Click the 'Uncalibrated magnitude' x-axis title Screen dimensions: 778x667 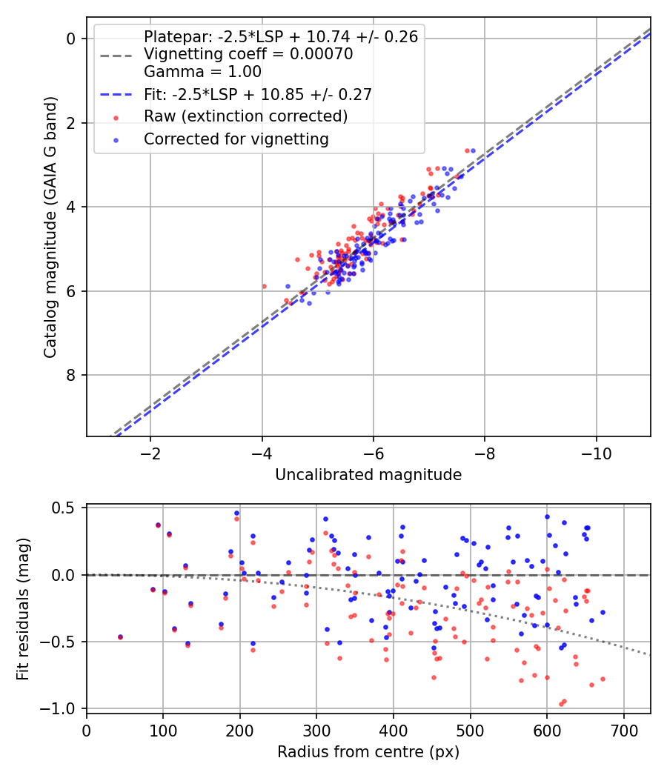click(368, 475)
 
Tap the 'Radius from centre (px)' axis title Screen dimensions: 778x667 click(368, 752)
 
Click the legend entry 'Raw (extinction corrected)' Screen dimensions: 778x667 click(245, 116)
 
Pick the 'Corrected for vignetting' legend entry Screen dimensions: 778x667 click(236, 139)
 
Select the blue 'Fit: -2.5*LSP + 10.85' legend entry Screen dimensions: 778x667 click(257, 94)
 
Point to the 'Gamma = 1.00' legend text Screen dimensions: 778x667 click(202, 72)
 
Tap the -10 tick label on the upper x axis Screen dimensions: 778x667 click(596, 453)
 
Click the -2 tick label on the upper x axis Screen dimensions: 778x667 click(150, 453)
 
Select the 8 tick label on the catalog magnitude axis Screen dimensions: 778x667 click(71, 376)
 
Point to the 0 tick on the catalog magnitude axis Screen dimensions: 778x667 click(71, 39)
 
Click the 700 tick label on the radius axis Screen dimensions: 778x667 click(623, 731)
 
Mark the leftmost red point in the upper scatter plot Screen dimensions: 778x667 click(264, 286)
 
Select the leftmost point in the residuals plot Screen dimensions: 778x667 click(120, 637)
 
